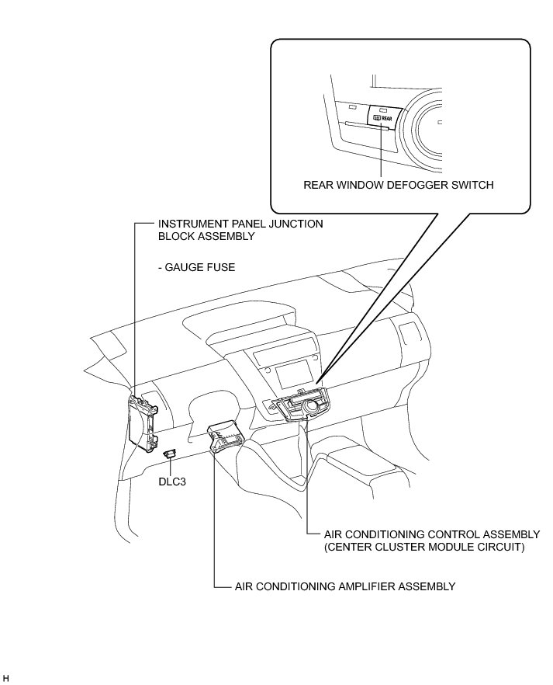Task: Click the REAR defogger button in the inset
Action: [x=382, y=118]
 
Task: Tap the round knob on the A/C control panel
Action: [x=314, y=404]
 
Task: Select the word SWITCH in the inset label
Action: [x=472, y=186]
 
